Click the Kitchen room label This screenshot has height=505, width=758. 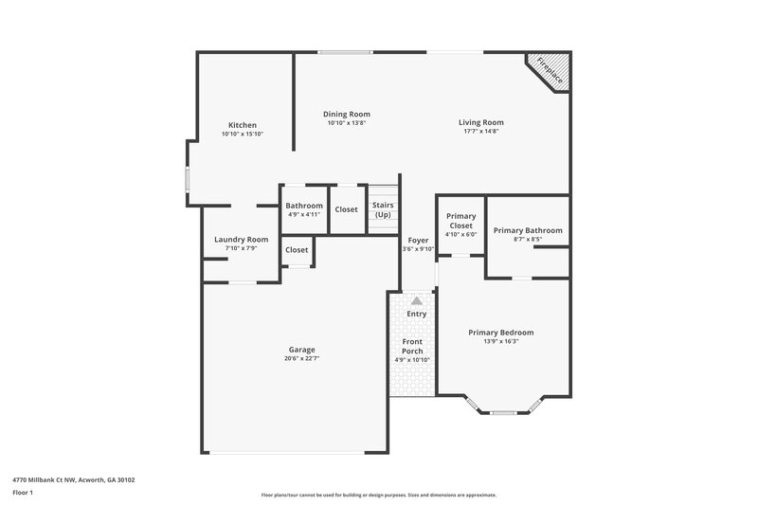pos(242,125)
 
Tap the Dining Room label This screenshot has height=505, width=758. pos(346,114)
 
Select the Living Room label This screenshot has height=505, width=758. pos(480,122)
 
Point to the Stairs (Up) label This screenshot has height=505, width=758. pos(383,209)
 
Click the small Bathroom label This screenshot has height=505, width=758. pos(304,206)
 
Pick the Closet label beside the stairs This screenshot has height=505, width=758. pos(346,209)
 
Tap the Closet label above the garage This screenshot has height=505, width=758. pos(297,250)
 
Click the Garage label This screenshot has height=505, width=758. pos(301,350)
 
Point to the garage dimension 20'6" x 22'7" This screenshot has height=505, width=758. pos(301,358)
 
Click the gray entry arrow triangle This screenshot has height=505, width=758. pos(416,299)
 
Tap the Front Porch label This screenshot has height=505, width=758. pos(412,346)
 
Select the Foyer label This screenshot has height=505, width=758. pos(418,241)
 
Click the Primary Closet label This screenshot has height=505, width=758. pos(460,221)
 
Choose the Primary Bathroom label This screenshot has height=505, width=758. pos(528,230)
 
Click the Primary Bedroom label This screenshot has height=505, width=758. pos(500,333)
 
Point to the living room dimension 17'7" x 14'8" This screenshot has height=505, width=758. pos(480,131)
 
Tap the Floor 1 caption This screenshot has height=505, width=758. pos(23,494)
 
